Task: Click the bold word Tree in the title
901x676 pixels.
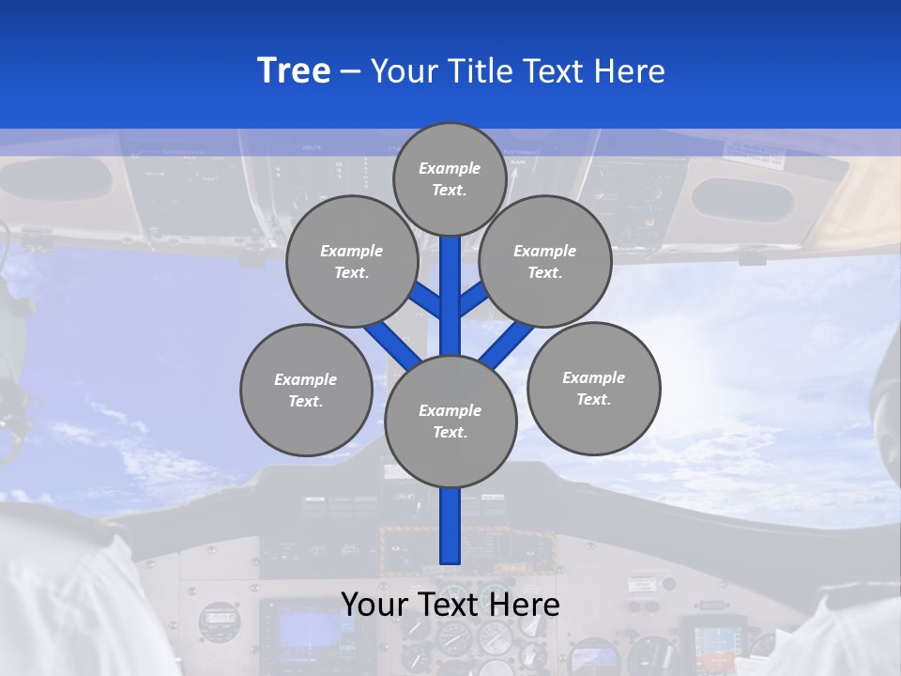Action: coord(294,71)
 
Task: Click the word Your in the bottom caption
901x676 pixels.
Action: coord(374,604)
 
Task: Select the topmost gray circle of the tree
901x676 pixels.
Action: coord(450,178)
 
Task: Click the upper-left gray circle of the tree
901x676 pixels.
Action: coord(352,261)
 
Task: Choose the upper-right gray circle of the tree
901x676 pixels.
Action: coord(545,261)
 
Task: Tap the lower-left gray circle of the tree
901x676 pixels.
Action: coord(306,390)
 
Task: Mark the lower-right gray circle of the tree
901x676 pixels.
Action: coord(594,388)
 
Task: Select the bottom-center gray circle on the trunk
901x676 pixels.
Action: coord(450,422)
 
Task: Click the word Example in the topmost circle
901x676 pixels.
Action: coord(450,169)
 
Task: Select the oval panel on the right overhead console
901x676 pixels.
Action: coord(741,198)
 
